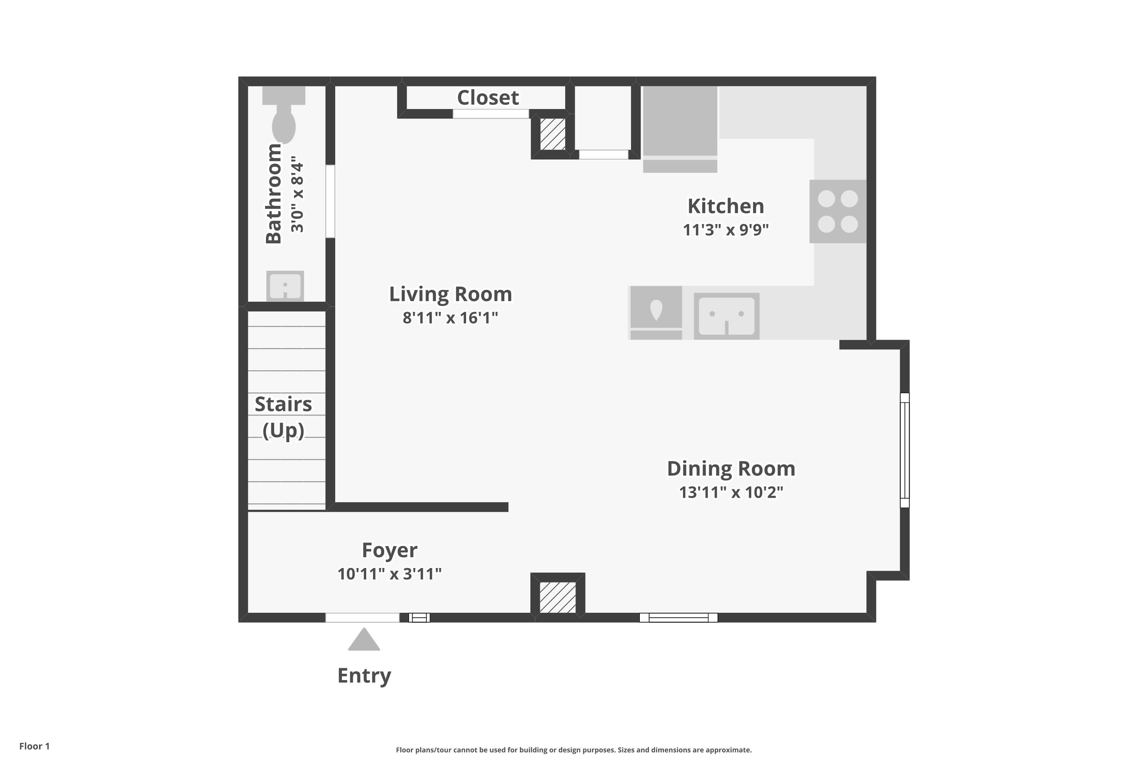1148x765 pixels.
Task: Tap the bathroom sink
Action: click(285, 285)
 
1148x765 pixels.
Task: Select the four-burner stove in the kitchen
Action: click(838, 211)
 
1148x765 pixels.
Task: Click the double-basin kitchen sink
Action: click(726, 316)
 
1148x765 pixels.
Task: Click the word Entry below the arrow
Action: click(364, 676)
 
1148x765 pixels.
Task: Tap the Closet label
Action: click(488, 98)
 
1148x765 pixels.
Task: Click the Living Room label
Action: click(450, 294)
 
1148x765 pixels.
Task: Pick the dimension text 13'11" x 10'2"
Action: click(731, 492)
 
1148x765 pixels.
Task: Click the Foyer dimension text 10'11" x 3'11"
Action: click(389, 574)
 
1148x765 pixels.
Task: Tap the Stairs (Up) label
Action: click(283, 417)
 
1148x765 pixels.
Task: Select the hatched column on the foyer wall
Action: click(558, 597)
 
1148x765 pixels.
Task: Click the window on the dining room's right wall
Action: click(905, 450)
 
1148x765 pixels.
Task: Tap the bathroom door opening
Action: click(331, 201)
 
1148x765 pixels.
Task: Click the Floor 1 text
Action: click(34, 746)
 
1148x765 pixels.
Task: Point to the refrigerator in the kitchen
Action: click(680, 122)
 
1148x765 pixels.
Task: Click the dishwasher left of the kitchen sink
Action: click(656, 310)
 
